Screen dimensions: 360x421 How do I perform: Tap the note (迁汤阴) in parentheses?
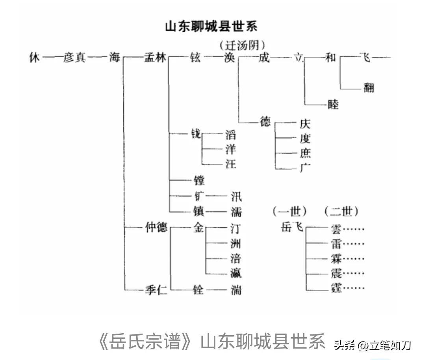coord(242,45)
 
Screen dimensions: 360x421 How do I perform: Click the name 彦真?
coord(74,58)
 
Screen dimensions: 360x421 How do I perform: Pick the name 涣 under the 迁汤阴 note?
coord(229,58)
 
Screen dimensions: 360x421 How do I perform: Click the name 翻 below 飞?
coord(368,88)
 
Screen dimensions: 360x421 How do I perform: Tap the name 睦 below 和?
coord(333,104)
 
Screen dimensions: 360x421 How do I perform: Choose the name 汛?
coord(236,196)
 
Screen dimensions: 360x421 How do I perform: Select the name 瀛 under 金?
coord(236,273)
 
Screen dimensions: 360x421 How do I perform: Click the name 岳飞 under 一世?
coord(292,227)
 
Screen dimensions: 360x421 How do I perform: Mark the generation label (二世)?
coord(341,212)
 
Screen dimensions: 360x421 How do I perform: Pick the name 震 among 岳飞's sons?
coord(336,273)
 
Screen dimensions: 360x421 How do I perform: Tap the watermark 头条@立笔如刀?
coord(372,345)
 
